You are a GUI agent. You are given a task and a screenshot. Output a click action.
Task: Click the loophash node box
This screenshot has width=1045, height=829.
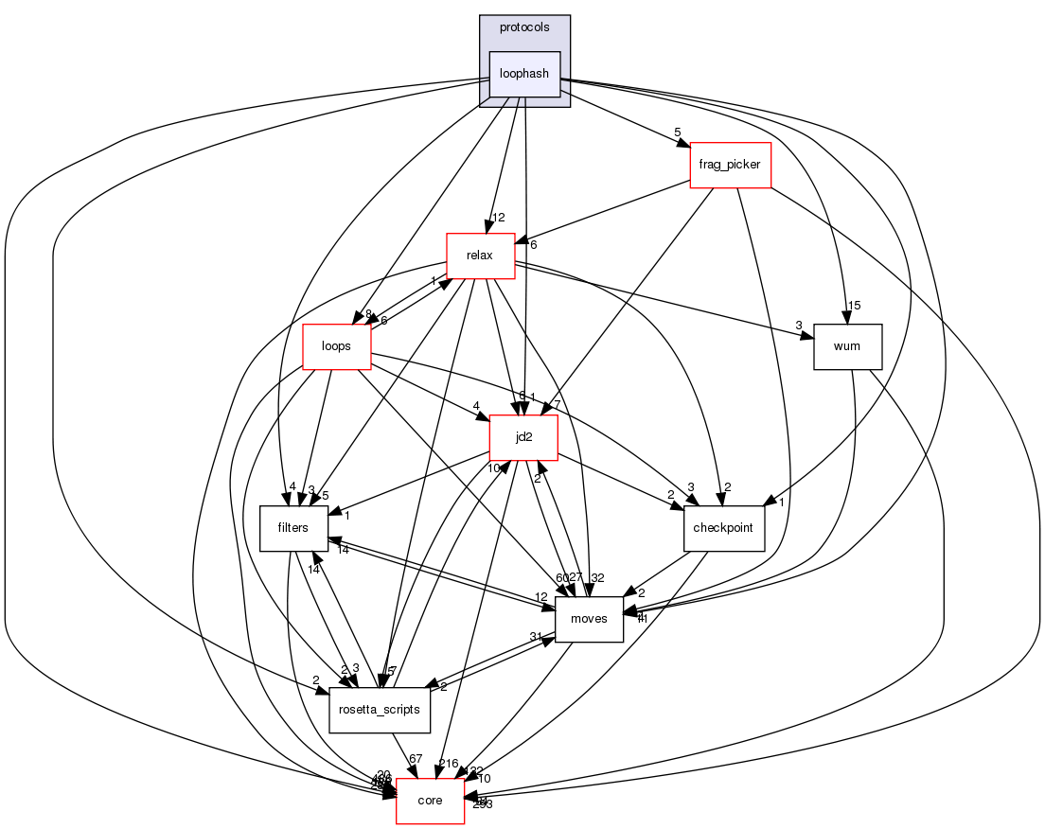pyautogui.click(x=524, y=74)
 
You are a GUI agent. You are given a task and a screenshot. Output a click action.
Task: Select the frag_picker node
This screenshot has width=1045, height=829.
pyautogui.click(x=730, y=166)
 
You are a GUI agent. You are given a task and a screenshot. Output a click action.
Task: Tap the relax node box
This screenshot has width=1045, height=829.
pyautogui.click(x=481, y=256)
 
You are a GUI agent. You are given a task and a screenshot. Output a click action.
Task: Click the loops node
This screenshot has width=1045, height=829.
pyautogui.click(x=336, y=346)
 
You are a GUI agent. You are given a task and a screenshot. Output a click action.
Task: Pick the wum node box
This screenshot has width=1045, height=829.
pyautogui.click(x=847, y=346)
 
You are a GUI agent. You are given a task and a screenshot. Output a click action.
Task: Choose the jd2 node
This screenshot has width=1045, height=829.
pyautogui.click(x=522, y=438)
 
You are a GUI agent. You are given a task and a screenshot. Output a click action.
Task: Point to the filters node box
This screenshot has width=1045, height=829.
pyautogui.click(x=294, y=528)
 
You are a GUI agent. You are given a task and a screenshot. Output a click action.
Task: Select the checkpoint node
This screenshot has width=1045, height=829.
pyautogui.click(x=724, y=528)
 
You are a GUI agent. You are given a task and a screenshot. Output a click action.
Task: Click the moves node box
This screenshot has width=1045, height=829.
pyautogui.click(x=589, y=619)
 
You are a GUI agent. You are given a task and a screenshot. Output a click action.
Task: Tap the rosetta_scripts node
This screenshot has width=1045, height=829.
pyautogui.click(x=380, y=710)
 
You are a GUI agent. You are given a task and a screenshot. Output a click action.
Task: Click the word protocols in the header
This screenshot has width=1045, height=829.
pyautogui.click(x=524, y=27)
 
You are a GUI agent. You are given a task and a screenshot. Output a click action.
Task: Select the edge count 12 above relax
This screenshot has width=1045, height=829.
pyautogui.click(x=497, y=219)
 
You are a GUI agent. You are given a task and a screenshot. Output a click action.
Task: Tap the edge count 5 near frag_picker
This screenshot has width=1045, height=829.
pyautogui.click(x=677, y=132)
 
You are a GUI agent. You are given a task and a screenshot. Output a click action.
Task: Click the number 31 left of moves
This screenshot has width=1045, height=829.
pyautogui.click(x=535, y=637)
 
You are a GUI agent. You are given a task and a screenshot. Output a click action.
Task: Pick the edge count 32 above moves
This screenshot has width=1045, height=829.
pyautogui.click(x=597, y=578)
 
